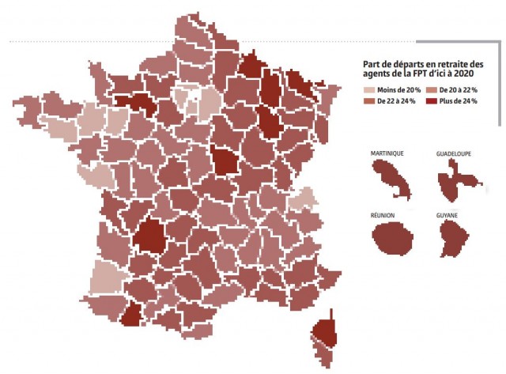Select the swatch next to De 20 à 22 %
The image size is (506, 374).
click(430, 90)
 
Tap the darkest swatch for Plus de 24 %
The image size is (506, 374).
click(430, 101)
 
